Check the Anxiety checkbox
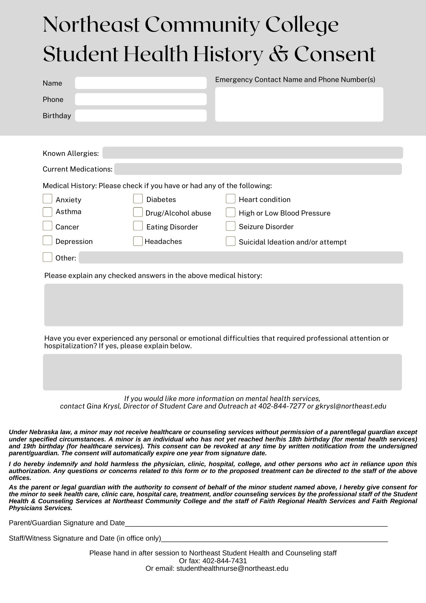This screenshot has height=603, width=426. [47, 199]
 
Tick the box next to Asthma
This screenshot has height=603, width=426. [47, 212]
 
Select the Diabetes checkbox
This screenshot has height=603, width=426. [138, 199]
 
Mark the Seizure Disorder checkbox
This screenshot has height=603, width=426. [230, 226]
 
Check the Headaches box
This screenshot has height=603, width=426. [138, 241]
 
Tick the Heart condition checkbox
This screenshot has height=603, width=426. [230, 199]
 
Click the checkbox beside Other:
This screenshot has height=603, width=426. [47, 257]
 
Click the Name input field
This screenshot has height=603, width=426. [141, 83]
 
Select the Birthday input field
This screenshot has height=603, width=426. [141, 115]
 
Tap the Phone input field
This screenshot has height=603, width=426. [141, 99]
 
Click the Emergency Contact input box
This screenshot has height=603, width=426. [299, 104]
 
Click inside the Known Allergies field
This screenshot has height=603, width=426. [252, 153]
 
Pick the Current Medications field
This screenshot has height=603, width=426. [258, 169]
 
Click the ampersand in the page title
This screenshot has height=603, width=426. [279, 54]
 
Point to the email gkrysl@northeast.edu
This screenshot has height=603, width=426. [351, 406]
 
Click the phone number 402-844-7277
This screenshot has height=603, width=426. [282, 406]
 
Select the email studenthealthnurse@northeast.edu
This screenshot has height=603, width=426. [232, 568]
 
